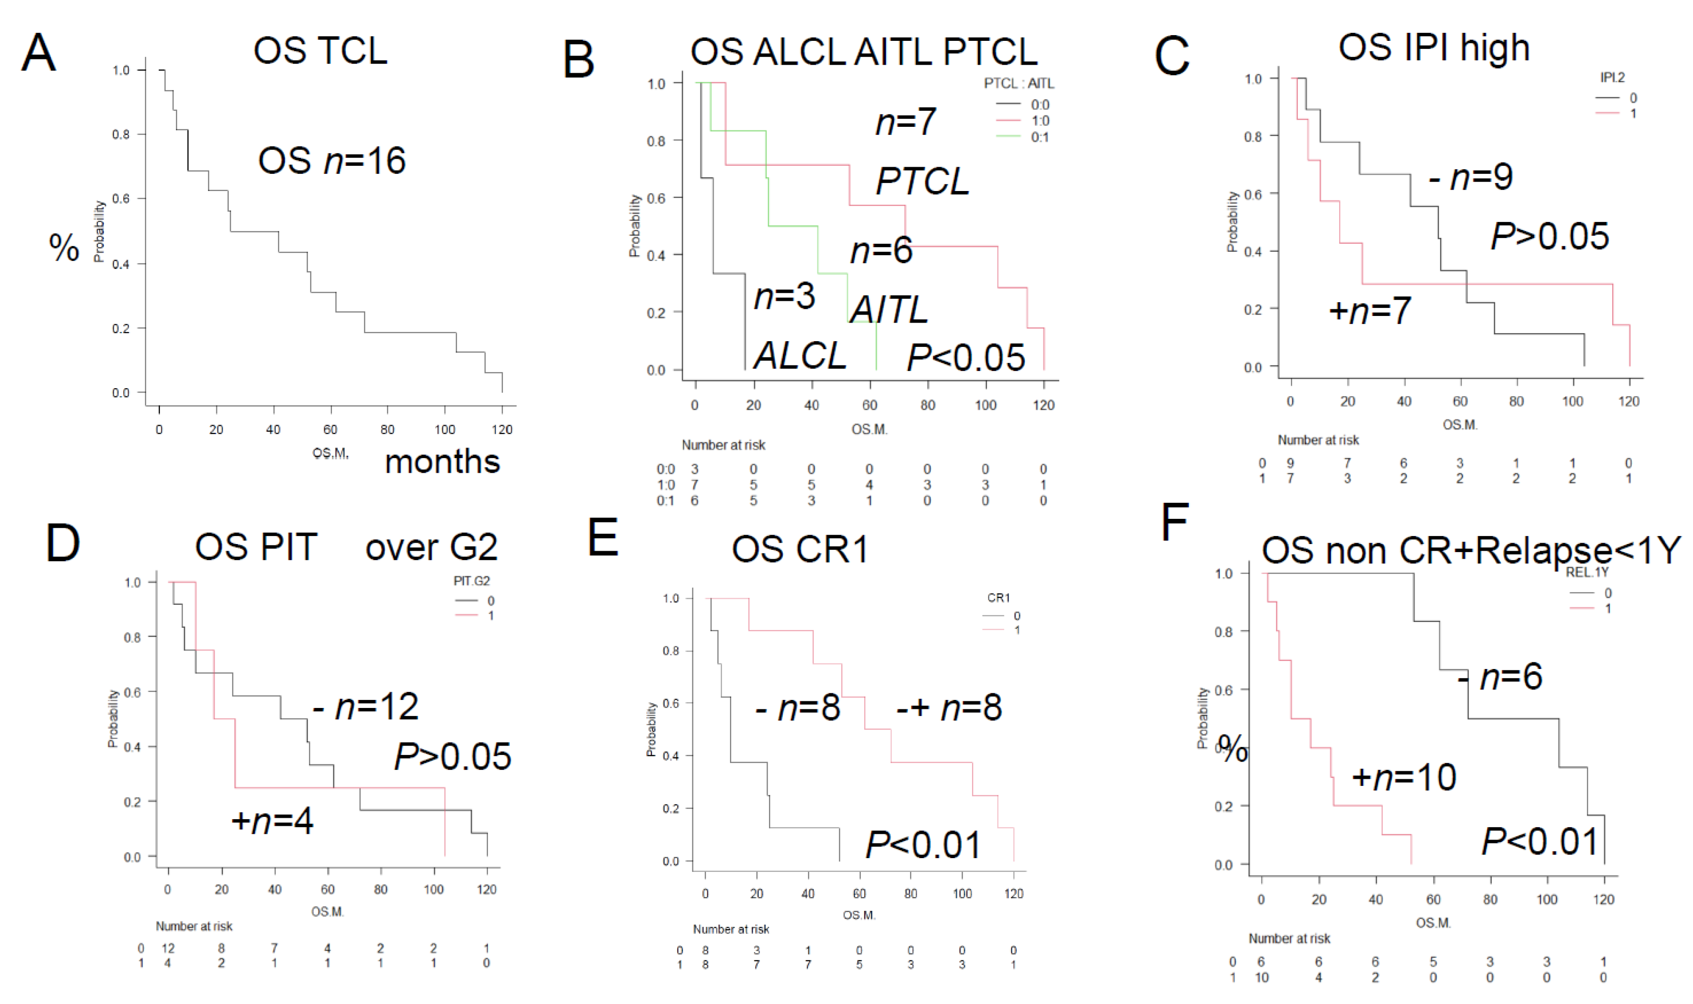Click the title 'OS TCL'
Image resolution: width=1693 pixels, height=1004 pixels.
tap(320, 51)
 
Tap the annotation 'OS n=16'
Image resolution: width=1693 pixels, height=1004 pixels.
tap(331, 161)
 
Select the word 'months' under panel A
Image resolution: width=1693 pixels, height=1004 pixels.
tap(442, 462)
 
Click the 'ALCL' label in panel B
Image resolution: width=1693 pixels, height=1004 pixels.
tap(799, 355)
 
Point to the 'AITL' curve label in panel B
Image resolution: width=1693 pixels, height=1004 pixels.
tap(889, 310)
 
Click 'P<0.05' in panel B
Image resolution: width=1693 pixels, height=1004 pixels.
tap(966, 357)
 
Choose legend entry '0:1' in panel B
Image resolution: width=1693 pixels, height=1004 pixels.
tap(1039, 137)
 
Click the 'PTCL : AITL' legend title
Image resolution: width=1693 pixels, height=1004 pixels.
tap(1018, 83)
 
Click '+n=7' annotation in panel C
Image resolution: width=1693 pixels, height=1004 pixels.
tap(1370, 311)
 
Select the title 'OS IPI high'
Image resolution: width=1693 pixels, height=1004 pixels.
tap(1434, 48)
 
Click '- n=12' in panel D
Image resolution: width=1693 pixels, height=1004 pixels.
tap(366, 707)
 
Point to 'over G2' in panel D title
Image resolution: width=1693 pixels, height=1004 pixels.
tap(431, 547)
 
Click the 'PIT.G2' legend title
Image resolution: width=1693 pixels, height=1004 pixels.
tap(471, 581)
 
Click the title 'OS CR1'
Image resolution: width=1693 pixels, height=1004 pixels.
tap(799, 549)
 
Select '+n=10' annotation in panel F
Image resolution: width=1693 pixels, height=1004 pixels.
tap(1404, 777)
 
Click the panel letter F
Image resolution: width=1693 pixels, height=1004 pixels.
tap(1175, 522)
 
